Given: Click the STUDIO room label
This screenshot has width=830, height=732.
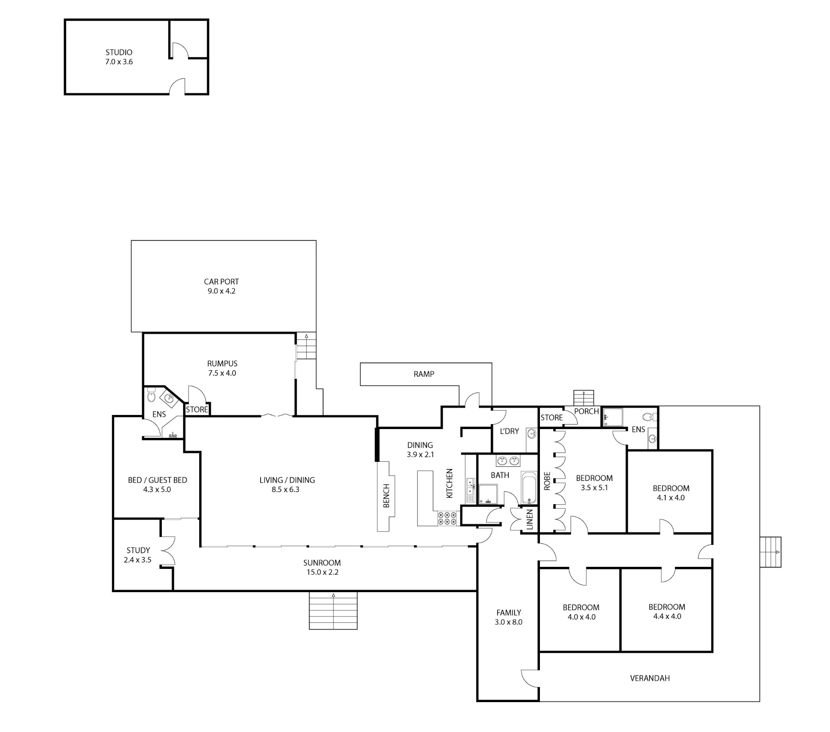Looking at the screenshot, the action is click(x=119, y=52).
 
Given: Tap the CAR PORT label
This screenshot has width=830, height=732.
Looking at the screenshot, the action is click(x=221, y=281).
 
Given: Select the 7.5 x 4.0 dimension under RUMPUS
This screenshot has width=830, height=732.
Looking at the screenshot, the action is click(x=222, y=373).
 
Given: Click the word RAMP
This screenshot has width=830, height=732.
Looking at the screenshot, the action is click(x=424, y=374).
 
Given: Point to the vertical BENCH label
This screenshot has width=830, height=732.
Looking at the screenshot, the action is click(x=386, y=495).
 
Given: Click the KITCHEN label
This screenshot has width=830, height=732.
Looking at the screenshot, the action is click(x=449, y=483).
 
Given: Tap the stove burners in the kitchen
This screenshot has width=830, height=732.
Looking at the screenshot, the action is click(x=447, y=518).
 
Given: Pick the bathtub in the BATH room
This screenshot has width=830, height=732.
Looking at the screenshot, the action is click(x=529, y=488).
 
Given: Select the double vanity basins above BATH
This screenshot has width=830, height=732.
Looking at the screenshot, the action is click(x=508, y=460).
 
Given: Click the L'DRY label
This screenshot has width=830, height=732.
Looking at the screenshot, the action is click(x=509, y=431).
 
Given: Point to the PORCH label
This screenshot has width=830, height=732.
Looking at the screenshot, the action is click(x=586, y=411).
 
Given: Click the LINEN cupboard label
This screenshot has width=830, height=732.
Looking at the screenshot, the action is click(x=530, y=520).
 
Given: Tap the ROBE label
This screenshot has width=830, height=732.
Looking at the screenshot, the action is click(x=547, y=481).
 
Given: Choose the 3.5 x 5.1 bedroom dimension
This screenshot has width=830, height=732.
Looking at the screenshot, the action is click(x=594, y=488).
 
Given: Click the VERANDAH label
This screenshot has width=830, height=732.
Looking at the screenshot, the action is click(x=650, y=678).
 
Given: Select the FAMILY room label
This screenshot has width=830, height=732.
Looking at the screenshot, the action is click(x=509, y=612).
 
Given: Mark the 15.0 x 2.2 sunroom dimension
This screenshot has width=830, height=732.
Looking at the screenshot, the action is click(x=322, y=572).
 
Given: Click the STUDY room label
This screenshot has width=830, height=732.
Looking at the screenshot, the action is click(x=138, y=550).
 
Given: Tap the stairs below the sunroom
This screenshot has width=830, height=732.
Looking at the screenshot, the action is click(x=333, y=610).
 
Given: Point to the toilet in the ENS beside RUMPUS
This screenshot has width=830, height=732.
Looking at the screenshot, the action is click(x=151, y=395).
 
